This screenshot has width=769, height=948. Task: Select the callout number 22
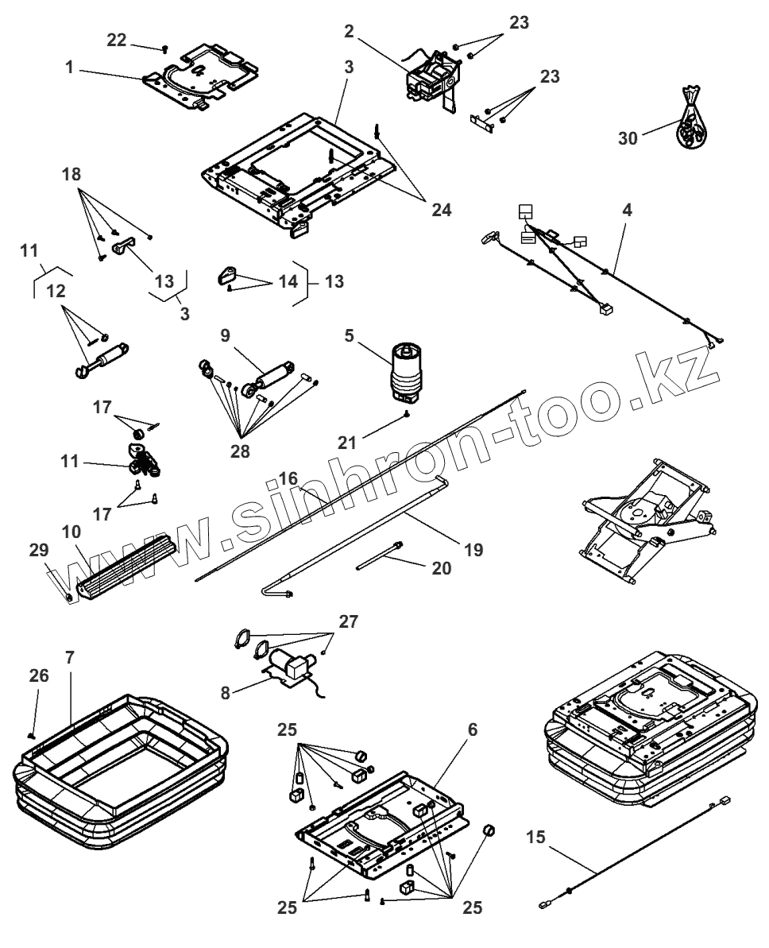(116, 41)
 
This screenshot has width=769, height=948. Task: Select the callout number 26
(39, 675)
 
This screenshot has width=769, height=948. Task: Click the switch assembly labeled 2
(433, 77)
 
